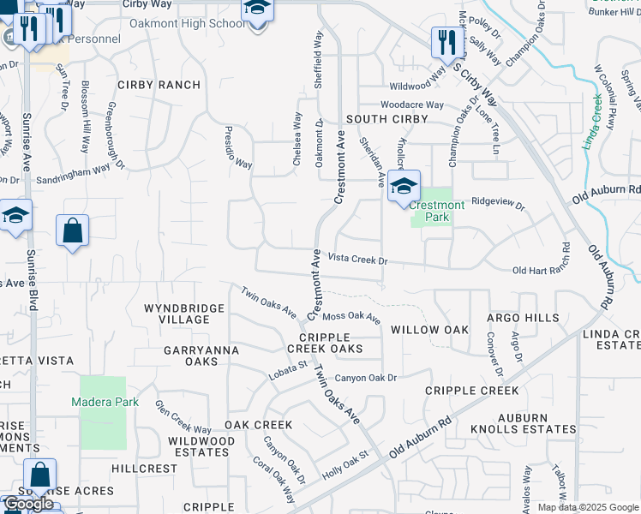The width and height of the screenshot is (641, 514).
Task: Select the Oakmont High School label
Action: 188,23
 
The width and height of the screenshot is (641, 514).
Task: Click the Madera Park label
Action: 103,401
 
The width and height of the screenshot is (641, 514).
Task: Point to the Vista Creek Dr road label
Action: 358,259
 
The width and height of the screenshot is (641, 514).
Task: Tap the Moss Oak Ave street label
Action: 352,317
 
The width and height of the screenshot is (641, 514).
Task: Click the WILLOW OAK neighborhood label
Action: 429,330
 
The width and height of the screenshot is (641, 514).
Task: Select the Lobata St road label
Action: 291,368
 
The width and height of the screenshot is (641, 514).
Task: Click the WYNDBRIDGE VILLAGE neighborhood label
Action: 177,314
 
